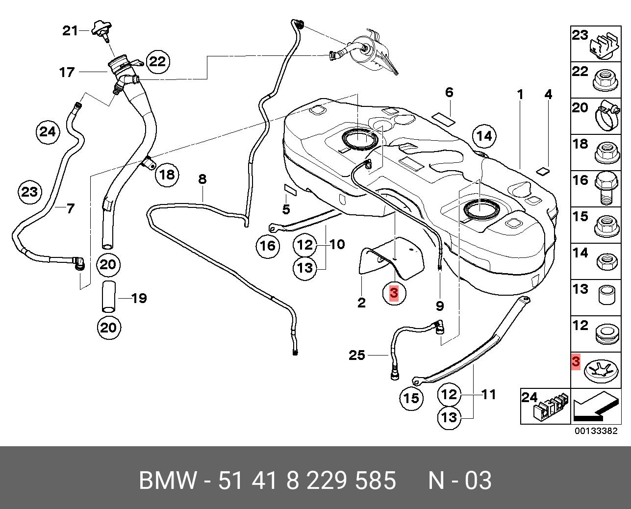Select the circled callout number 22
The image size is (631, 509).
click(x=157, y=61)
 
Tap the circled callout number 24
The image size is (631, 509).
click(x=48, y=132)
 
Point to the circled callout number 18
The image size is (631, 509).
click(x=167, y=175)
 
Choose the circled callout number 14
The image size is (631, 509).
click(x=484, y=136)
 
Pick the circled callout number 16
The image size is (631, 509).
click(x=268, y=245)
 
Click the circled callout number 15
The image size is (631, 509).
click(x=411, y=398)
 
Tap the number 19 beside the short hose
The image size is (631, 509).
click(x=139, y=298)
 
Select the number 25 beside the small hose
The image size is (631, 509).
click(x=357, y=355)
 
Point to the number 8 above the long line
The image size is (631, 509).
click(x=202, y=179)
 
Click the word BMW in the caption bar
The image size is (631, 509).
click(x=168, y=481)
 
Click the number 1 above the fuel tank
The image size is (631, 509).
click(x=520, y=94)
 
